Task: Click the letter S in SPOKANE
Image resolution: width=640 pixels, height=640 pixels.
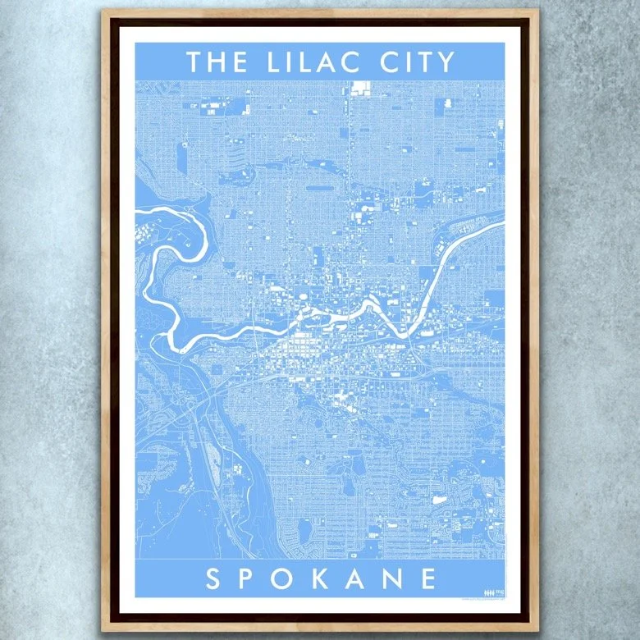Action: tap(213, 579)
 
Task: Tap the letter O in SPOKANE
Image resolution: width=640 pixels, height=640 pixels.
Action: tap(288, 579)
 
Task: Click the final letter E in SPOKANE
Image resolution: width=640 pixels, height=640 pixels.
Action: tap(430, 579)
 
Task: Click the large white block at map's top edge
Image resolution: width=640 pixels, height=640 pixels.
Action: tap(359, 88)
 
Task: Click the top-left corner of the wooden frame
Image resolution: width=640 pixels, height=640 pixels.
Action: tap(103, 11)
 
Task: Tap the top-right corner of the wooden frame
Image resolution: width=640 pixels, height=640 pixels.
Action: tap(538, 11)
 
